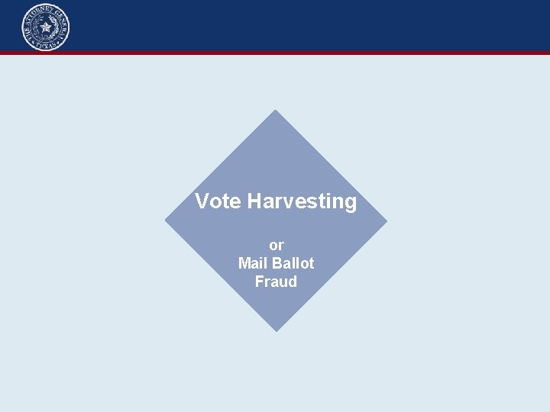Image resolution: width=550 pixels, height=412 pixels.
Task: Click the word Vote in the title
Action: pos(218,201)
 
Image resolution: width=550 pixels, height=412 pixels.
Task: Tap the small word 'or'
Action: pos(277,245)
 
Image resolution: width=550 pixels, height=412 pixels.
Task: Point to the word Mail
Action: pos(251,263)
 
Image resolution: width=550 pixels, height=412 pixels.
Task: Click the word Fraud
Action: pos(276,282)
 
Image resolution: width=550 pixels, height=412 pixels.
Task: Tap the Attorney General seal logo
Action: pos(46,27)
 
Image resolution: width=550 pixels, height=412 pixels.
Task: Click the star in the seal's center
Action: pos(46,27)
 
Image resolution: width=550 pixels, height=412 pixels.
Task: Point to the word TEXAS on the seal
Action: pos(46,46)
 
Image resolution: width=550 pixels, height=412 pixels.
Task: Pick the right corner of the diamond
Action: pos(386,221)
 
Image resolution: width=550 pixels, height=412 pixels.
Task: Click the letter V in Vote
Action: pos(202,201)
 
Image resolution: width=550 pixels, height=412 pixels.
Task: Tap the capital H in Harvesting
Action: pos(254,201)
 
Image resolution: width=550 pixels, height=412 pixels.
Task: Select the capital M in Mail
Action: pos(244,263)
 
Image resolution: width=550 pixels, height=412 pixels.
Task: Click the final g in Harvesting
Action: pos(350,204)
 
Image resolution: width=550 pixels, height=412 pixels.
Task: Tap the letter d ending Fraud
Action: pos(293,282)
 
